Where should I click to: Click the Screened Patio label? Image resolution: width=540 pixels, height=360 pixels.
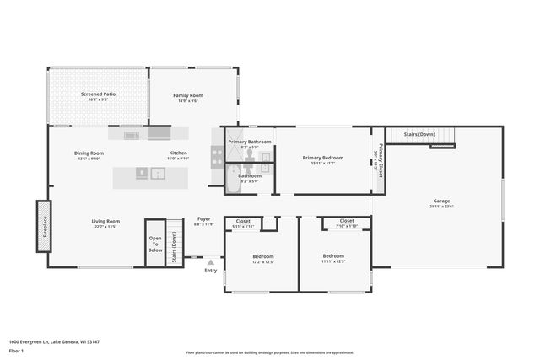pyautogui.click(x=98, y=94)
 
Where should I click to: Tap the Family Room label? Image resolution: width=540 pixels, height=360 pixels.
pyautogui.click(x=188, y=95)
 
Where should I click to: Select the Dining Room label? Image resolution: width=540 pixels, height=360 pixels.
pyautogui.click(x=89, y=153)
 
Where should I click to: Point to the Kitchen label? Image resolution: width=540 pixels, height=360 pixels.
pyautogui.click(x=178, y=153)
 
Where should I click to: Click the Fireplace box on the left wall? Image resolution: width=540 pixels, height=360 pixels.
pyautogui.click(x=42, y=226)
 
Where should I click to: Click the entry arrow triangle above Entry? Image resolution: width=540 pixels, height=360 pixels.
pyautogui.click(x=210, y=262)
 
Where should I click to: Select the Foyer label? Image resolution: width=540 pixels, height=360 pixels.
pyautogui.click(x=204, y=218)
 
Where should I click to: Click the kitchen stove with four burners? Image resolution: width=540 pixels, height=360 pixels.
pyautogui.click(x=217, y=156)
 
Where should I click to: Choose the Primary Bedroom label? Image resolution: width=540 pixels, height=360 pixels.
pyautogui.click(x=323, y=157)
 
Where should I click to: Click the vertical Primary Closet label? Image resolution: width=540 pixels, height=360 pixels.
pyautogui.click(x=381, y=159)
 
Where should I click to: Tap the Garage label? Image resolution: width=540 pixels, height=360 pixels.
pyautogui.click(x=441, y=201)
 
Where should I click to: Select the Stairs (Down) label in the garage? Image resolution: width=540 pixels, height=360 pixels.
pyautogui.click(x=419, y=134)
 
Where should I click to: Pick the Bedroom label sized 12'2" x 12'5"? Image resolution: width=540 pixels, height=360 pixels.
pyautogui.click(x=262, y=256)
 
